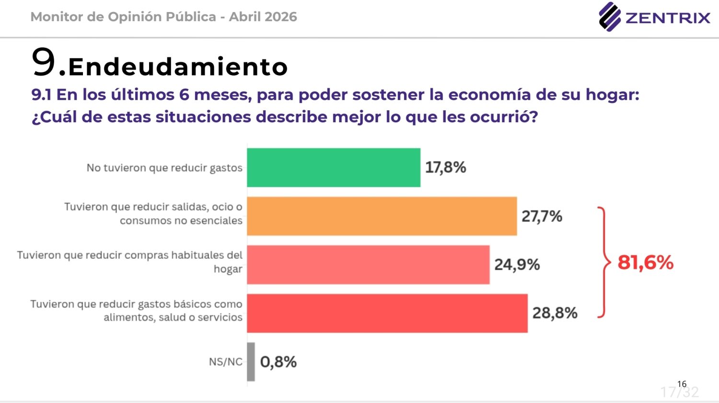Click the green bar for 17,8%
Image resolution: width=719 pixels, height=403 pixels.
(x=334, y=168)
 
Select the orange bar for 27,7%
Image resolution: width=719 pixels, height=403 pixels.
(x=382, y=216)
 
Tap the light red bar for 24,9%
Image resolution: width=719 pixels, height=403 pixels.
(x=368, y=265)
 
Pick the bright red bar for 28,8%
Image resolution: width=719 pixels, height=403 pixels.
(x=387, y=313)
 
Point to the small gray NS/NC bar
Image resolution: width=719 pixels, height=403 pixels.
(x=251, y=362)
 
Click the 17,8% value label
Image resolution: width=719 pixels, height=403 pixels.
(x=445, y=168)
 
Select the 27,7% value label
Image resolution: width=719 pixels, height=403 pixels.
(x=542, y=216)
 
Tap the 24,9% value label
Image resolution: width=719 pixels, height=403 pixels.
(x=517, y=265)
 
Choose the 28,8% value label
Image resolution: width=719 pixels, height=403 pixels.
(x=555, y=313)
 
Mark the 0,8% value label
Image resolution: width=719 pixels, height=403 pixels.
(x=278, y=362)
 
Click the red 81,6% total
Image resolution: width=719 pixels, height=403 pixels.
(x=645, y=263)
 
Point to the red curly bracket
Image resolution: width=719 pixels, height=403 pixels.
(x=603, y=263)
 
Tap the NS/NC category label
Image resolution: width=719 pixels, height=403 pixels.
(x=225, y=362)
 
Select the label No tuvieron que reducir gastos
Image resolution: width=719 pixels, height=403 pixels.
(x=164, y=168)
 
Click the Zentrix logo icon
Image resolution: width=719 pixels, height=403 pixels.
(x=609, y=17)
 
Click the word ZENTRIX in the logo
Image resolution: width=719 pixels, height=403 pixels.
(x=668, y=18)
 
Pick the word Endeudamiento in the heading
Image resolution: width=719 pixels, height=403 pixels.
(x=178, y=67)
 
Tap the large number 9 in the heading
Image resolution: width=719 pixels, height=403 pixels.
(x=44, y=62)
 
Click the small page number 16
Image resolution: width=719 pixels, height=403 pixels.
(x=682, y=384)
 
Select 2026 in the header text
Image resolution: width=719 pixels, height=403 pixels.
(x=280, y=17)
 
